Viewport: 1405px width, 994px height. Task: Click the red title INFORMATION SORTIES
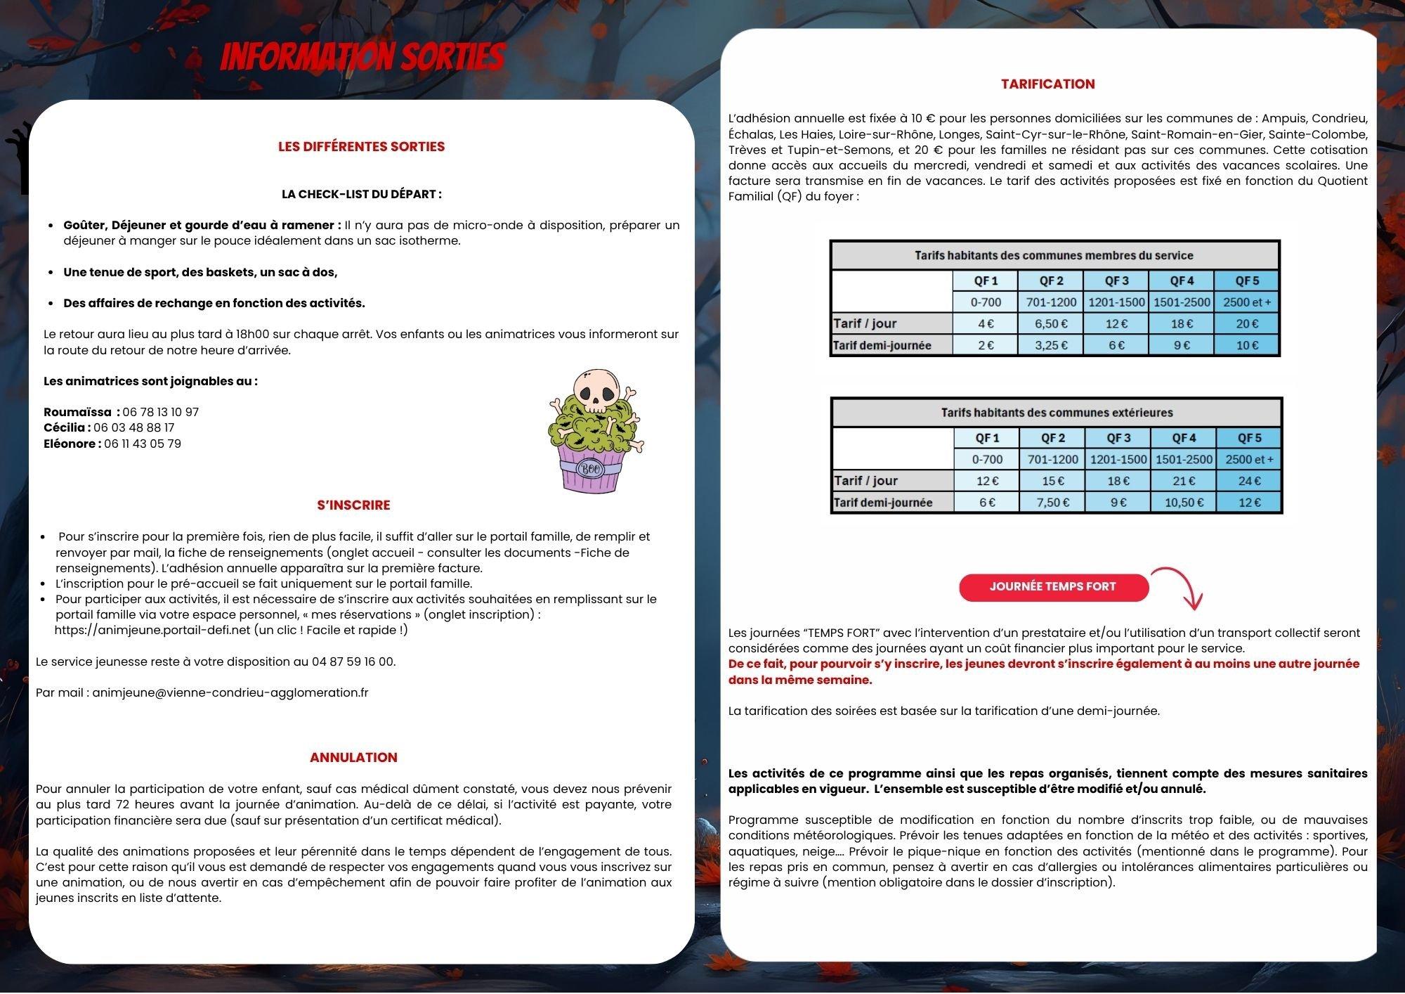click(x=362, y=57)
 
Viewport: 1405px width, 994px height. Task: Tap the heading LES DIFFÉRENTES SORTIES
click(x=361, y=146)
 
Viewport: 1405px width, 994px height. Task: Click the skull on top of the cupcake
click(x=596, y=392)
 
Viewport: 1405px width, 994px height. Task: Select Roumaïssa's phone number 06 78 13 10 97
click(x=160, y=412)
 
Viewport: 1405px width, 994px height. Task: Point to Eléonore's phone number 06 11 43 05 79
click(x=143, y=444)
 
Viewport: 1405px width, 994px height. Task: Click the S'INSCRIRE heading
click(x=353, y=505)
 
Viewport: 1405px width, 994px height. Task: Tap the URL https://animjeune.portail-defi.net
click(x=152, y=630)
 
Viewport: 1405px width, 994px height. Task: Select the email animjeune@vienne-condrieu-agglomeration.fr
click(x=230, y=692)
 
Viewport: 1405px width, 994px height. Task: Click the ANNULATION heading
click(x=353, y=757)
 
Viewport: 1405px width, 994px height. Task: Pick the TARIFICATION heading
click(x=1047, y=84)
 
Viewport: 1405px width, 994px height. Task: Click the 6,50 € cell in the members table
click(x=1051, y=323)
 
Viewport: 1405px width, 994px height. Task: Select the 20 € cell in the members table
click(x=1247, y=323)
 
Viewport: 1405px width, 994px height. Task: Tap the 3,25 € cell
click(x=1051, y=345)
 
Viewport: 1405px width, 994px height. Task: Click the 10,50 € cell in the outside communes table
click(x=1184, y=503)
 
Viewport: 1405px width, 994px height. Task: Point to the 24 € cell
click(x=1249, y=481)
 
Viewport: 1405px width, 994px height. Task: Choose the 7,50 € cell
click(x=1053, y=503)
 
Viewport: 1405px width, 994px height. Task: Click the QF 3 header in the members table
click(x=1116, y=280)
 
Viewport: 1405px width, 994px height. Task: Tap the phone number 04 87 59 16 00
click(x=353, y=661)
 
